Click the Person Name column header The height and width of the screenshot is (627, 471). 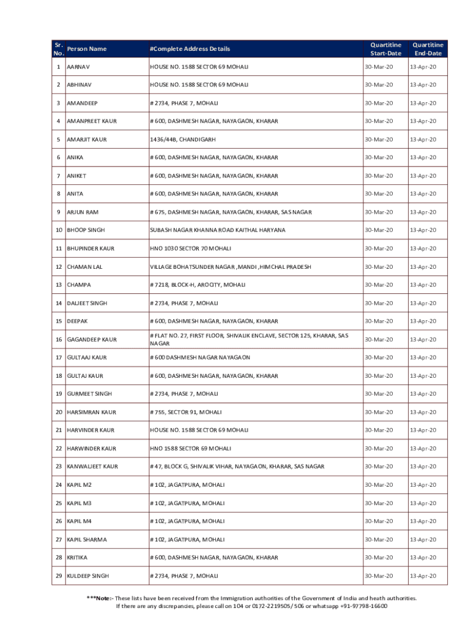point(86,49)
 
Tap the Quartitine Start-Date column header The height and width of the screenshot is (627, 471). point(385,49)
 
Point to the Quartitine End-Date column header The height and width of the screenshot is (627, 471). point(428,49)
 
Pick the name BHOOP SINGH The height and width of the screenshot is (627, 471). point(86,230)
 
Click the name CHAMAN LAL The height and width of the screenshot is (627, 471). point(84,267)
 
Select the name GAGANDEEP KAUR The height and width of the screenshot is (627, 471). point(91,339)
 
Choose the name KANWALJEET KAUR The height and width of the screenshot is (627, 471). point(92,467)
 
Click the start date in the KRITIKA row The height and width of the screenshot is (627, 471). point(379,558)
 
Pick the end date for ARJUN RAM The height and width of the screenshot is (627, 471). point(423,212)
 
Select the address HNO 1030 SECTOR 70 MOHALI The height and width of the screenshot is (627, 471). point(191,249)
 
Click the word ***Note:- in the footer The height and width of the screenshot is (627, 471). point(100,598)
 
